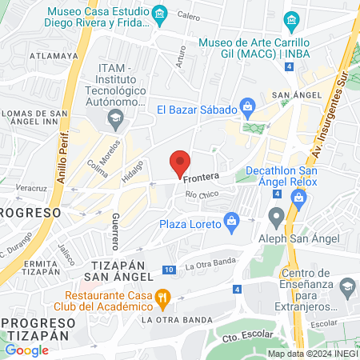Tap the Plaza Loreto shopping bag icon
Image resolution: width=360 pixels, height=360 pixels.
click(232, 219)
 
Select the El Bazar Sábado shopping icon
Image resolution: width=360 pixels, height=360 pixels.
click(247, 105)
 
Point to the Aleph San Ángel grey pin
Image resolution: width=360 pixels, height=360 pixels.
click(277, 216)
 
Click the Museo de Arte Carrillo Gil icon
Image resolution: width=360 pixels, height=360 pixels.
click(292, 18)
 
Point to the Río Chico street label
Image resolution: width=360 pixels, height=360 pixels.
click(201, 195)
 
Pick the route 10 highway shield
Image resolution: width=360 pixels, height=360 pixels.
click(169, 270)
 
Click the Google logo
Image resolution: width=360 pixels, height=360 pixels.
click(26, 350)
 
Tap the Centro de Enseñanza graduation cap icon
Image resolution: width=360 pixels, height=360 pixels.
click(347, 286)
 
